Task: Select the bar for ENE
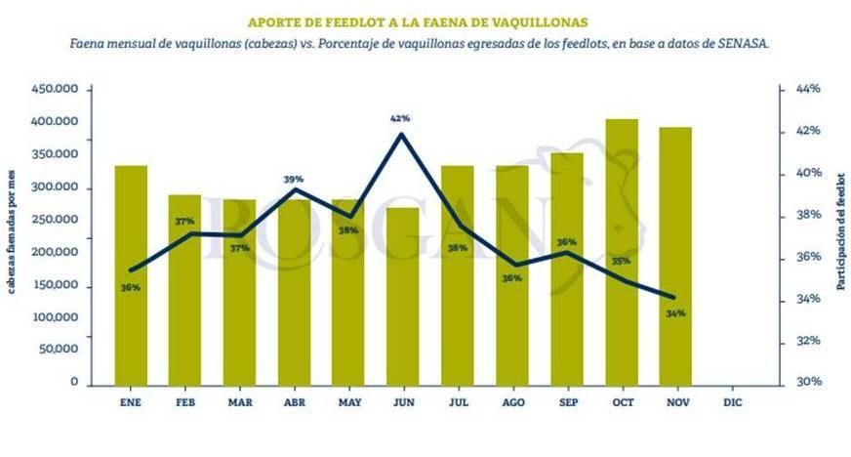[131, 274]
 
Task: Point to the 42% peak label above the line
[400, 118]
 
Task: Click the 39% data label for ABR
[293, 179]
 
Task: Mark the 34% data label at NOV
[675, 313]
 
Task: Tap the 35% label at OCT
[621, 261]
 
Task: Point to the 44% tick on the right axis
[807, 89]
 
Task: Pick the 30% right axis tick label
[807, 383]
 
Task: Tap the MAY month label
[348, 400]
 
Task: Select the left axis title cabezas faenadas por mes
[13, 235]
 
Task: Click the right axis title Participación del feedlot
[839, 235]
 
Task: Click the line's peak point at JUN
[401, 134]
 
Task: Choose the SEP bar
[567, 268]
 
